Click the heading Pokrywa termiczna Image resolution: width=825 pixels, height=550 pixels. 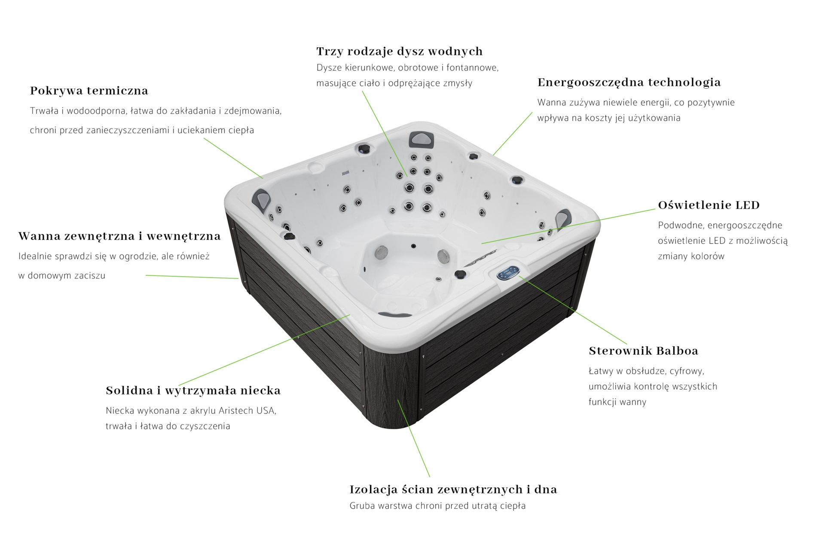pyautogui.click(x=89, y=91)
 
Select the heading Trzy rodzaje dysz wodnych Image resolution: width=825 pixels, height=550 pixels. pyautogui.click(x=400, y=52)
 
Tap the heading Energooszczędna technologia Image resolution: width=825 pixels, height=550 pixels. pyautogui.click(x=629, y=82)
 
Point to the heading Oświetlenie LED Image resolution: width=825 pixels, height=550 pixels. pyautogui.click(x=709, y=205)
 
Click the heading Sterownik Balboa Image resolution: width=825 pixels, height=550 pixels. pyautogui.click(x=644, y=351)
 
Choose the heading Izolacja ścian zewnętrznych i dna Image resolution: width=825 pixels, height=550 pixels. pyautogui.click(x=453, y=489)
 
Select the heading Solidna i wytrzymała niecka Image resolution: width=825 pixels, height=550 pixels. pyautogui.click(x=193, y=391)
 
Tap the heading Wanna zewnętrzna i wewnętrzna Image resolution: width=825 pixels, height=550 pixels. pyautogui.click(x=119, y=236)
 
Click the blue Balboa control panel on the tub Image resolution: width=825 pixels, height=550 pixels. pyautogui.click(x=508, y=273)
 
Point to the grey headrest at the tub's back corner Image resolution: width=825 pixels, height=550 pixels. pyautogui.click(x=421, y=139)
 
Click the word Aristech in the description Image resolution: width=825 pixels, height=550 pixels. pyautogui.click(x=236, y=411)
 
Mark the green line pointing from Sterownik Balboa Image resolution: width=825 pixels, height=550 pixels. pyautogui.click(x=573, y=310)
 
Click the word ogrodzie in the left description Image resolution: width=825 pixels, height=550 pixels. pyautogui.click(x=136, y=257)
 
